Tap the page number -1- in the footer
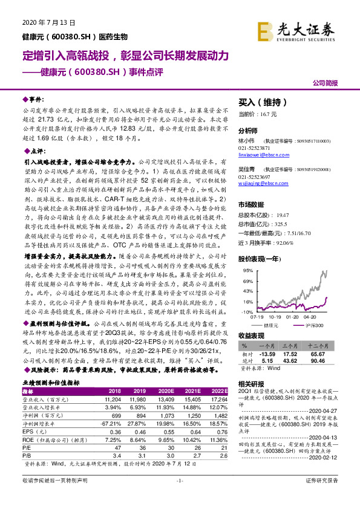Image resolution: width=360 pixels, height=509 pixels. (x=180, y=497)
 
